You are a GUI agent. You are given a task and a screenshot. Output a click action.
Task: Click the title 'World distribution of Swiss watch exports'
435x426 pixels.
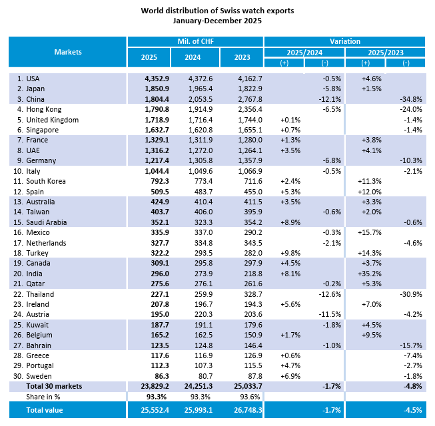pos(217,11)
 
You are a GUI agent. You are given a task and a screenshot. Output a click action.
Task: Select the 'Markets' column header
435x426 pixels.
pos(68,52)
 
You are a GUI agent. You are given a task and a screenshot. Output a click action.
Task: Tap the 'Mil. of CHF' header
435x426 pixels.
pos(195,41)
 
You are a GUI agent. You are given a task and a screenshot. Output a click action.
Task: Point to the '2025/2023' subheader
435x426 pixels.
pos(385,52)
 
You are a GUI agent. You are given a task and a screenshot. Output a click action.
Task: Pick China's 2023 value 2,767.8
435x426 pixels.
pos(240,99)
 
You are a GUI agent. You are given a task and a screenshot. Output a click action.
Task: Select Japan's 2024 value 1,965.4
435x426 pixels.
pos(195,89)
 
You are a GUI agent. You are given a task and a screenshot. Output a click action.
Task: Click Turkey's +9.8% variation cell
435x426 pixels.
pos(284,253)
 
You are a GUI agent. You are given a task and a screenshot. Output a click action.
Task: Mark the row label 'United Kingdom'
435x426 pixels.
pos(53,119)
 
